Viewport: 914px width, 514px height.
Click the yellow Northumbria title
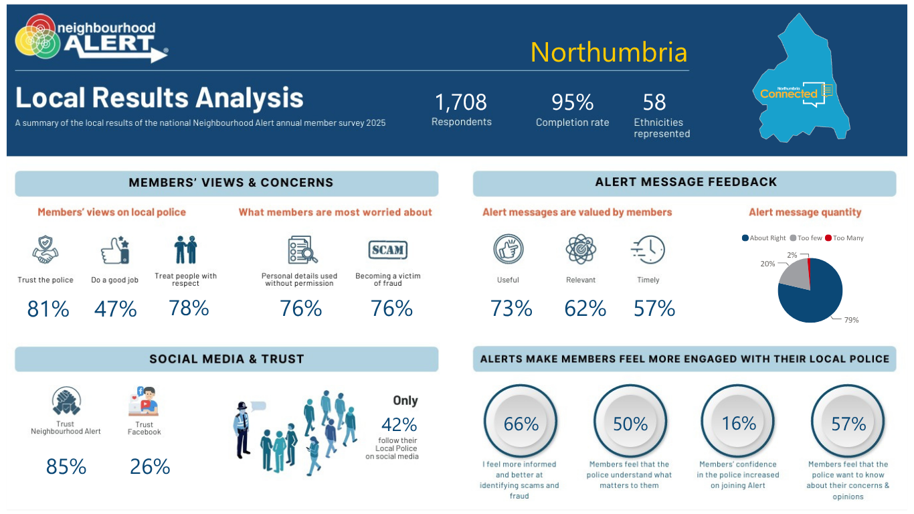pyautogui.click(x=609, y=52)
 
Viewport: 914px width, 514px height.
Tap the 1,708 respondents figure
pyautogui.click(x=460, y=102)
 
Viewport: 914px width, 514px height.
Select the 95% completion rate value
pyautogui.click(x=572, y=102)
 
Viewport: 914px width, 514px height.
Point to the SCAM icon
pyautogui.click(x=387, y=250)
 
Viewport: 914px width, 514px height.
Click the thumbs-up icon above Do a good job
pyautogui.click(x=115, y=250)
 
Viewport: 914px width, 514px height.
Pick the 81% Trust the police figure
pyautogui.click(x=48, y=309)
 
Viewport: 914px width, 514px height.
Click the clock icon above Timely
pyautogui.click(x=648, y=250)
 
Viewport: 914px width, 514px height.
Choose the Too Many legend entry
pyautogui.click(x=844, y=238)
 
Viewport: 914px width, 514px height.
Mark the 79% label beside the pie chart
pyautogui.click(x=851, y=320)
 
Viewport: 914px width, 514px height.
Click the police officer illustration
pyautogui.click(x=242, y=430)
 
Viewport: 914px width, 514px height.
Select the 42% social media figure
pyautogui.click(x=399, y=424)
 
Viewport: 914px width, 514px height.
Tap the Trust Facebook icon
pyautogui.click(x=143, y=401)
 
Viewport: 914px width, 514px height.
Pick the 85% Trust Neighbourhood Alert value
pyautogui.click(x=66, y=466)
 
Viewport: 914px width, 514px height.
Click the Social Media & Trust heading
pyautogui.click(x=227, y=359)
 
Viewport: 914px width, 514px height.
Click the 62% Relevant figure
pyautogui.click(x=585, y=309)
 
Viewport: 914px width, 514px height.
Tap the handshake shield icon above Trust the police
pyautogui.click(x=45, y=250)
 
